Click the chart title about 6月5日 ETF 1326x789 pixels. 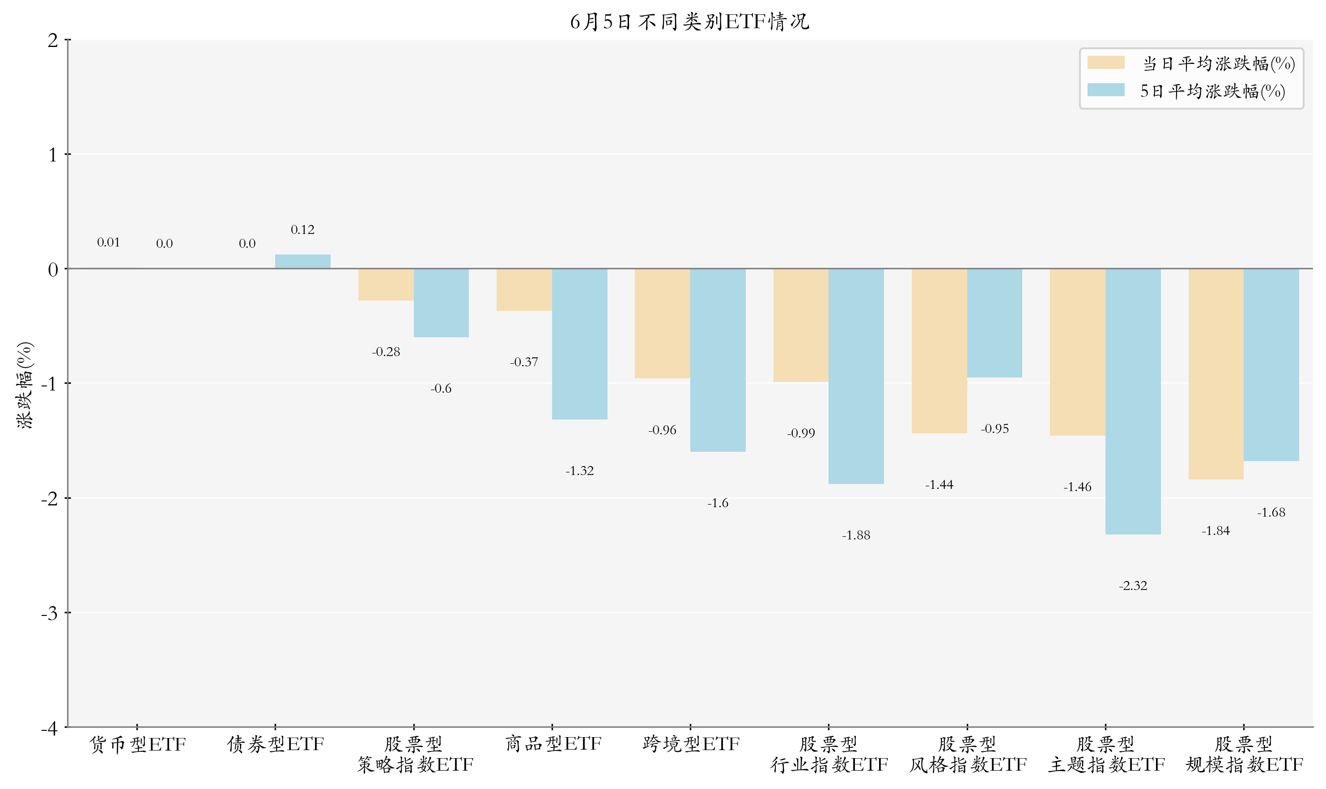689,22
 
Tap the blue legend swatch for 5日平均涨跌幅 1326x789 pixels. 1105,90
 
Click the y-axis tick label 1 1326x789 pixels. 53,155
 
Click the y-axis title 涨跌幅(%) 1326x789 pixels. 25,385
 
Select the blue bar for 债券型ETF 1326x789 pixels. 302,262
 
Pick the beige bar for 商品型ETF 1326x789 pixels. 524,290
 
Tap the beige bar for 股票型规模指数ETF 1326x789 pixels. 1215,374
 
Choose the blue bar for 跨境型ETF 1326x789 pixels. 718,361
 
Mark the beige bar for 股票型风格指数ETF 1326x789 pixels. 939,351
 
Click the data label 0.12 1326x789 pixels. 302,230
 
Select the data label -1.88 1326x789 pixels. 856,535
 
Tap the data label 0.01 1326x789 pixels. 108,242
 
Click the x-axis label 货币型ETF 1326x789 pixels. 137,744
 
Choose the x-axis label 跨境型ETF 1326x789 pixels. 691,744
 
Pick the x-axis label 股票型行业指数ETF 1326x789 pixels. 829,755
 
